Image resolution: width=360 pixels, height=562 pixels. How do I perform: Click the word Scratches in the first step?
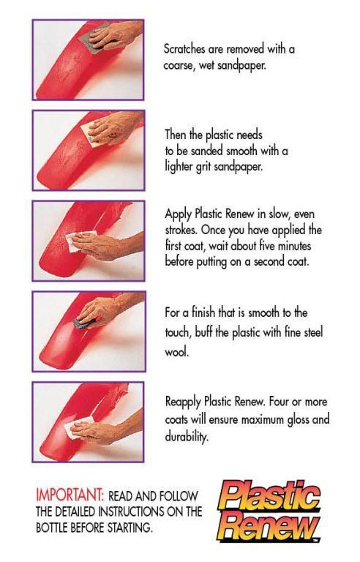pyautogui.click(x=184, y=49)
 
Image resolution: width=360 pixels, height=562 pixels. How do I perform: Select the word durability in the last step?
pyautogui.click(x=187, y=437)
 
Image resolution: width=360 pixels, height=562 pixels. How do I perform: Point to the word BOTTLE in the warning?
pyautogui.click(x=51, y=528)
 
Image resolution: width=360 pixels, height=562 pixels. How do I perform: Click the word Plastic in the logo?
pyautogui.click(x=270, y=497)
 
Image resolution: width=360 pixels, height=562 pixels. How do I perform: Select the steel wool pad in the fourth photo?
pyautogui.click(x=83, y=323)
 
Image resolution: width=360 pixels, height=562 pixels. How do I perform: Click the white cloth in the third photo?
pyautogui.click(x=80, y=241)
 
